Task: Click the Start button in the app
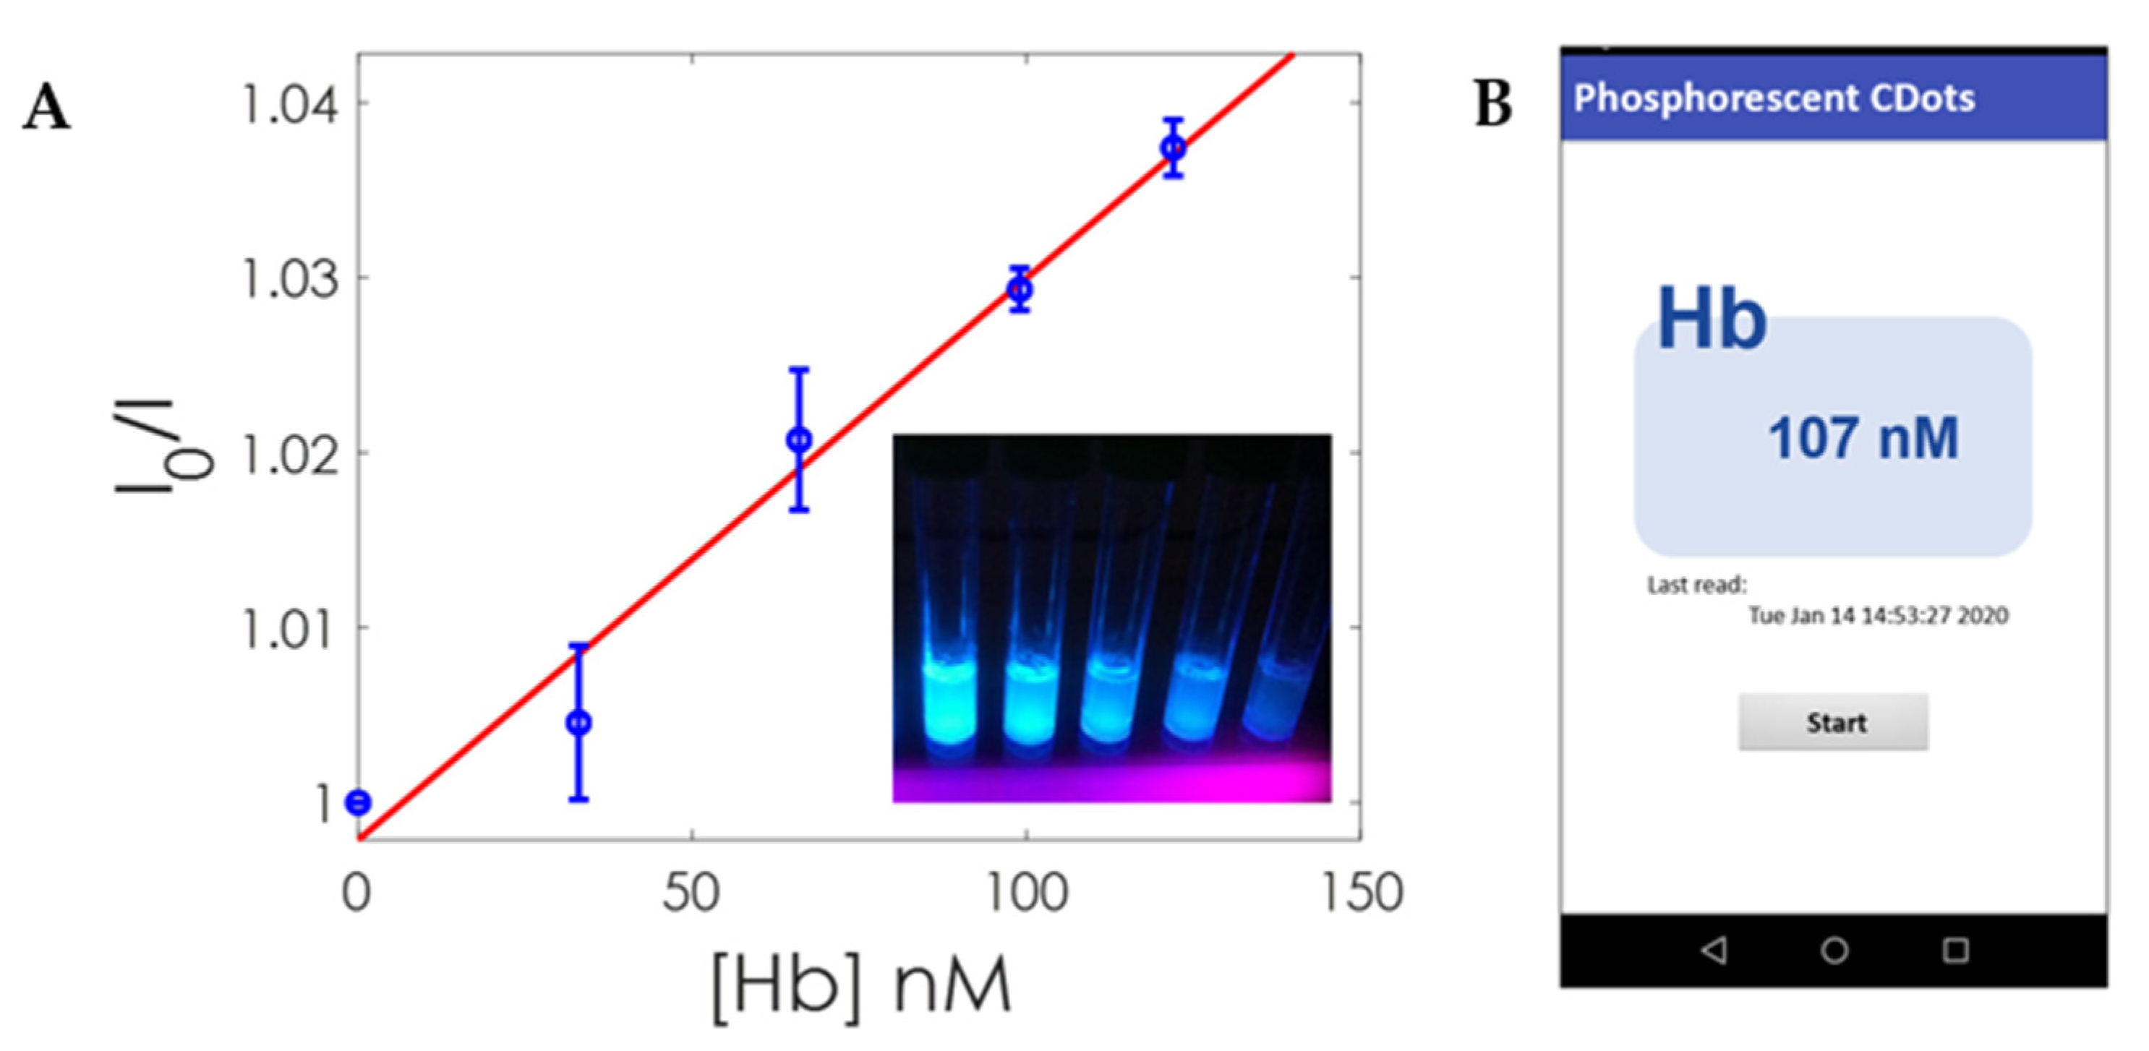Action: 1833,722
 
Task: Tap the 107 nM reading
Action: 1863,439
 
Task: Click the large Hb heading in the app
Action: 1711,319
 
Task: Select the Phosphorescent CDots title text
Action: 1774,98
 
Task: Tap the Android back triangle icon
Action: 1714,950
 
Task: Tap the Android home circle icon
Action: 1834,950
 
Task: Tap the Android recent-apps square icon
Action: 1955,950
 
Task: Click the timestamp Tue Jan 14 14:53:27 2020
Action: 1877,616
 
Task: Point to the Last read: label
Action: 1696,585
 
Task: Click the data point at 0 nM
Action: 359,802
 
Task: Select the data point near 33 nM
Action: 579,722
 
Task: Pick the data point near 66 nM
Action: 799,439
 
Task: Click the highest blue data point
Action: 1173,148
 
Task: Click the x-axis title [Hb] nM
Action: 861,987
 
